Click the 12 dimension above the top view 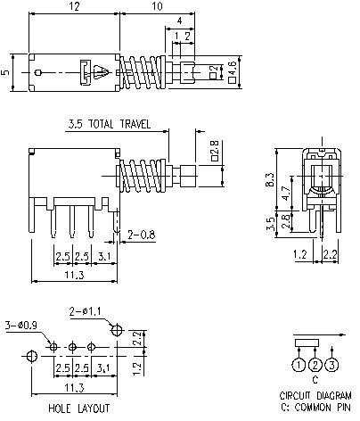[75, 7]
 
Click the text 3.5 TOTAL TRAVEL [108, 124]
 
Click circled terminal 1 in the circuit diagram [298, 364]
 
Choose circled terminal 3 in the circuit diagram [332, 364]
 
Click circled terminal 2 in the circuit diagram [315, 364]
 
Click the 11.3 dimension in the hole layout [74, 388]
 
